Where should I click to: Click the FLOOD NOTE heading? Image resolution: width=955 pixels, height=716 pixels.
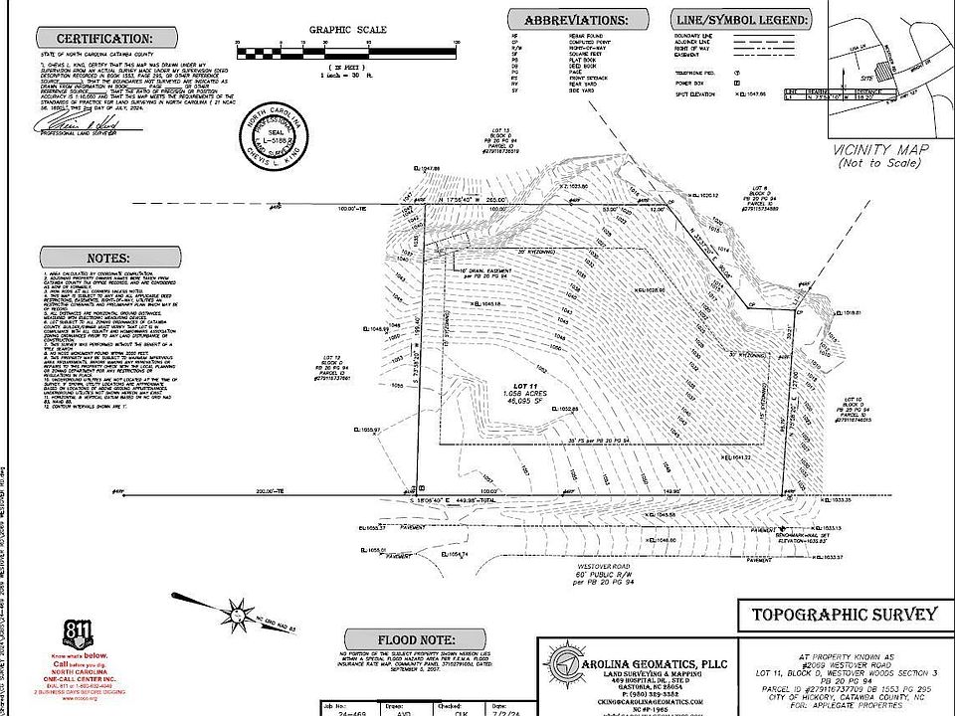(x=411, y=639)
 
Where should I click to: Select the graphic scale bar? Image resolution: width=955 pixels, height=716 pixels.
(x=346, y=45)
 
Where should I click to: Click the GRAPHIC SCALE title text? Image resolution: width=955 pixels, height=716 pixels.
(x=347, y=30)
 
